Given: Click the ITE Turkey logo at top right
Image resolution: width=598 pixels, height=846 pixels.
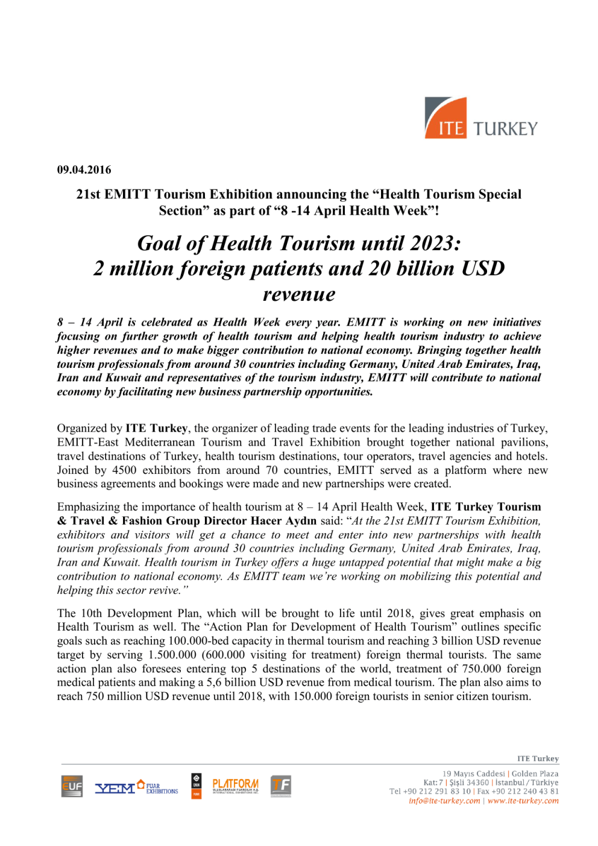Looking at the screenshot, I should coord(480,118).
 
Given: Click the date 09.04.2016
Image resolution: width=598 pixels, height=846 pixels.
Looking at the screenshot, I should coord(84,170).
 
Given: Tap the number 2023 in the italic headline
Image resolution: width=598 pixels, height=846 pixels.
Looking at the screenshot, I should coord(432,244).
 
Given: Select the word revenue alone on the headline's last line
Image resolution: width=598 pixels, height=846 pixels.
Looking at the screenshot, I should coord(299,294).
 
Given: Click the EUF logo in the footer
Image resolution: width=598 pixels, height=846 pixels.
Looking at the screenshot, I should coord(72,786).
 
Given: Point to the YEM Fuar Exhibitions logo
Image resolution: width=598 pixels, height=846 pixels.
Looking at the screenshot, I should coord(136,787).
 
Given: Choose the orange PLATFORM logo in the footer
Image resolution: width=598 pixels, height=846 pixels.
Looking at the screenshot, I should coord(235,786).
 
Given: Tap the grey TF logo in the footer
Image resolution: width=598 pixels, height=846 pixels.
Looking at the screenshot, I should coord(281,786).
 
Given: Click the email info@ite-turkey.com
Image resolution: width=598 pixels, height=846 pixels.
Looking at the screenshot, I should coord(444,801).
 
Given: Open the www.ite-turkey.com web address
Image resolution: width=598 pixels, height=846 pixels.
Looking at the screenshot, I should coord(523,801).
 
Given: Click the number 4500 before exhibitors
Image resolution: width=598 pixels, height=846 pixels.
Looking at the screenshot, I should coord(124,470).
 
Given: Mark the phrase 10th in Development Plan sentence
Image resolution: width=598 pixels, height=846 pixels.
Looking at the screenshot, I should coord(92,613).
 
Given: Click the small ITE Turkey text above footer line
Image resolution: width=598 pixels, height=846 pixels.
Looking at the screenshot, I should coord(538,759).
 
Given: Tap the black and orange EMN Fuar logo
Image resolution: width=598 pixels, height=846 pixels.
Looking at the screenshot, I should coord(197,786).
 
